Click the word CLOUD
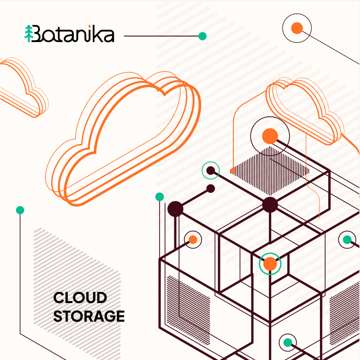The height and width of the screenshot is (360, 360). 80,297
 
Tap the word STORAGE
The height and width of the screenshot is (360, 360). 89,316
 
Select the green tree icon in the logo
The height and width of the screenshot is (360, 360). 29,33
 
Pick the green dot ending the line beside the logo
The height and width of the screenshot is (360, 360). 202,36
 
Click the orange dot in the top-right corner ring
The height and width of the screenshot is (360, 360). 297,28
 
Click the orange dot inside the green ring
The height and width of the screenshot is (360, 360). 270,264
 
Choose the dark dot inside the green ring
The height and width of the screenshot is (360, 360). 211,171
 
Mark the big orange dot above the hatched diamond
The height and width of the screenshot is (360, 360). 270,136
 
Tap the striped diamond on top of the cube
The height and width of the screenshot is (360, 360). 270,171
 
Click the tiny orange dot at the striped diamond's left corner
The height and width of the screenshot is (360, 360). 233,171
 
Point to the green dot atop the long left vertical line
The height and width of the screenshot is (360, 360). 20,210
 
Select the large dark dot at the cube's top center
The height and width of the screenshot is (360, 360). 270,205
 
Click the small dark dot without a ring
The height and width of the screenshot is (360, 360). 211,189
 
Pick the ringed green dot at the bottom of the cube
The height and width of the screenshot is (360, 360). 288,343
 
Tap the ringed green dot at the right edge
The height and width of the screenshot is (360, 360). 347,239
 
